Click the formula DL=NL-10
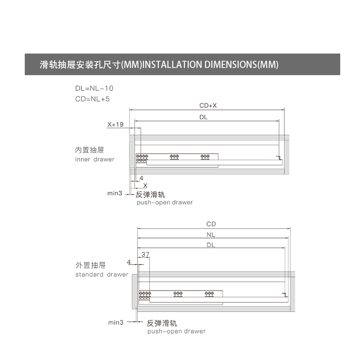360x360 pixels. point(94,88)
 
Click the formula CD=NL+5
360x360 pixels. point(92,99)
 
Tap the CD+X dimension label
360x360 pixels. point(208,106)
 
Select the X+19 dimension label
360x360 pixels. point(115,125)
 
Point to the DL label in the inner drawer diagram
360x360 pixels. point(203,117)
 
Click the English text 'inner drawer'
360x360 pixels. point(94,159)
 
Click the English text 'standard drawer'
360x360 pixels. point(102,274)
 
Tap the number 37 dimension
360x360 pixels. point(145,254)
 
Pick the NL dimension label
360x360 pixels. point(211,234)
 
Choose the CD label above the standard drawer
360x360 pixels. point(211,224)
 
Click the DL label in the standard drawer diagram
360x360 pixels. point(211,245)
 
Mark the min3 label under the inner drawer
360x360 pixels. point(115,193)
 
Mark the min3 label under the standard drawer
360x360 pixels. point(116,323)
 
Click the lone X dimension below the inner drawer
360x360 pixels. point(145,185)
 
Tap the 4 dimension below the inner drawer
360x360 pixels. point(141,178)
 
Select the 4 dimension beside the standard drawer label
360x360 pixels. point(129,262)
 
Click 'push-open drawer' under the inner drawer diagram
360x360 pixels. point(165,202)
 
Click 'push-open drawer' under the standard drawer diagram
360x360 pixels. point(176,331)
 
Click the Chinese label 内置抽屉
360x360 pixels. point(90,150)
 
